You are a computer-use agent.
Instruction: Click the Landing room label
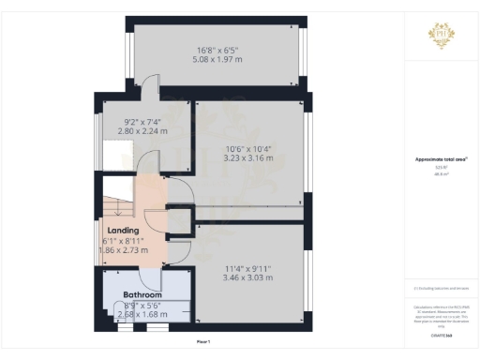click(124, 230)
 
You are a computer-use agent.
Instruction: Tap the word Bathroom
click(142, 293)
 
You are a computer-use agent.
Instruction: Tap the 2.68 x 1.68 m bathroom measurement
click(143, 314)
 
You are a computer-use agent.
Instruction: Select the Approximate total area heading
click(442, 159)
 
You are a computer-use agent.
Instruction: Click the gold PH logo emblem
click(442, 35)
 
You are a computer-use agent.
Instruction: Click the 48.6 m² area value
click(442, 174)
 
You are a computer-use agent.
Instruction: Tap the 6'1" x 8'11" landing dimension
click(123, 242)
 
